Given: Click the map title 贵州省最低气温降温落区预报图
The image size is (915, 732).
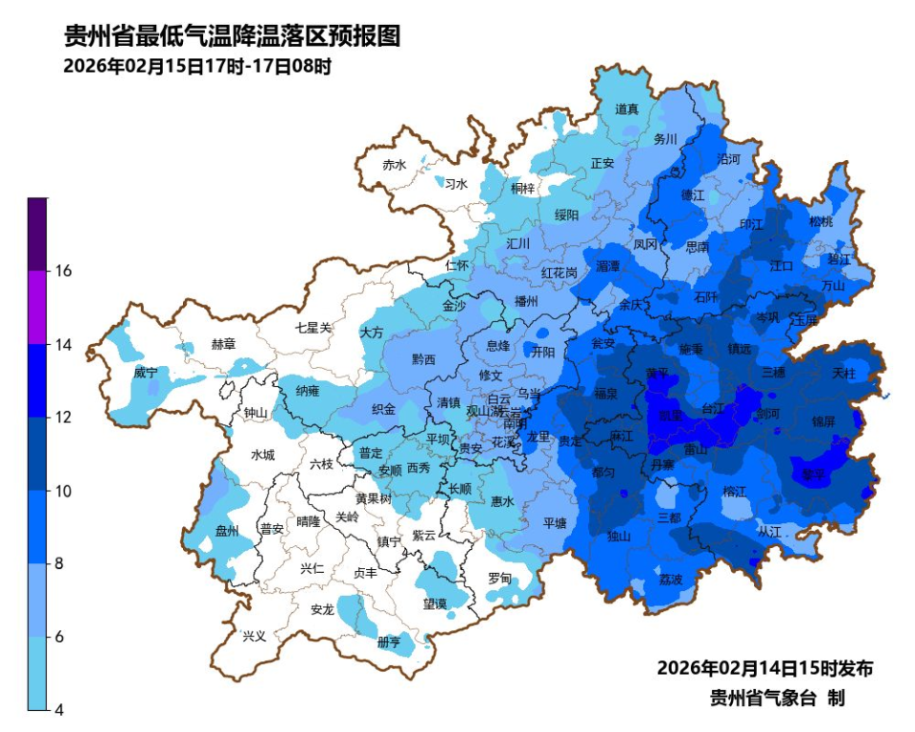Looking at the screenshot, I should (231, 36).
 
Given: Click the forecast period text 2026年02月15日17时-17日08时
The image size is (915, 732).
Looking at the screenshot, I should (196, 67).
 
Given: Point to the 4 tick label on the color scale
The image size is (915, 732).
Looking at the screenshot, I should (58, 709).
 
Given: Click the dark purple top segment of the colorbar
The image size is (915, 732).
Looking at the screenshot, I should (37, 234).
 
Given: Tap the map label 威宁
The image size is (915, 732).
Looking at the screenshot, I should (145, 372).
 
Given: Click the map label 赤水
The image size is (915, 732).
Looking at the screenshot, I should (394, 165).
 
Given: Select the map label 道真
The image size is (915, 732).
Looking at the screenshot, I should (626, 110).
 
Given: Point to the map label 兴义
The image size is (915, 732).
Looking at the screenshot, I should (254, 636).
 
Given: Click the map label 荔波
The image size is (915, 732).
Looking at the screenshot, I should (670, 579).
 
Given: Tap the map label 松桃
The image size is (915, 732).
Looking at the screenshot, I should (820, 221).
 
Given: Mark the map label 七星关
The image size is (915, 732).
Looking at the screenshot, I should (314, 327).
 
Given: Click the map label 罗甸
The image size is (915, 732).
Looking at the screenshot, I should (499, 579).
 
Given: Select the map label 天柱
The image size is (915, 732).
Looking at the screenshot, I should (844, 372).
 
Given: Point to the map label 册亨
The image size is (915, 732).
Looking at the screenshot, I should (389, 642).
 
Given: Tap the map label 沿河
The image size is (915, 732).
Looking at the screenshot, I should (727, 159).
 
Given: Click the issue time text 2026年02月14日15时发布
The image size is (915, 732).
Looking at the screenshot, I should (764, 668).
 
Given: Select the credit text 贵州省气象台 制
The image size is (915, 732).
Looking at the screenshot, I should (777, 699).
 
